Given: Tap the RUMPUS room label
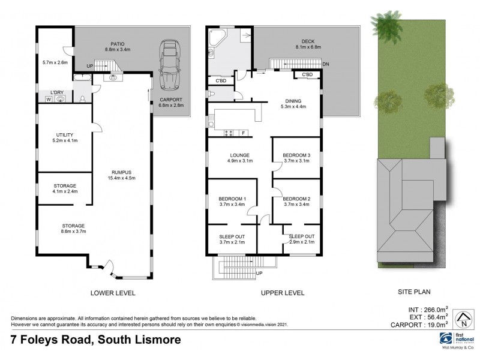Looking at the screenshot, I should (x=120, y=173).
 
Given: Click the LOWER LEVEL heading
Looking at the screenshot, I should (x=112, y=293).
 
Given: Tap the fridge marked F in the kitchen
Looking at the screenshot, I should (x=242, y=132).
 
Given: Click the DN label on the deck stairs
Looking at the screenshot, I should (x=325, y=64).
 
